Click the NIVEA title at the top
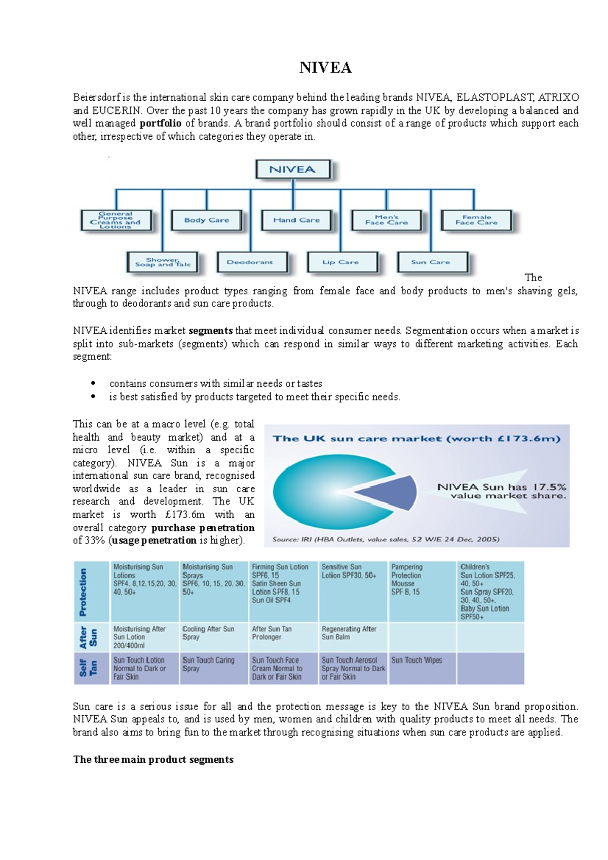pos(325,67)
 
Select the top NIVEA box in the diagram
pos(293,170)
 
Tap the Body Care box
pos(206,220)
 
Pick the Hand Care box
pos(296,220)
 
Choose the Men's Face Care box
pos(387,220)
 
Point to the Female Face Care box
pos(476,220)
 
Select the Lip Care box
pos(341,262)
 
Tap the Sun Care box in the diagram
pos(431,262)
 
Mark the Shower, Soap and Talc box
pos(162,262)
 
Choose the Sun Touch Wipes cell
pos(416,660)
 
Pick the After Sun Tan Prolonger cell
pos(272,633)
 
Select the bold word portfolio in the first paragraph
pos(160,123)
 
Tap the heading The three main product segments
pos(153,759)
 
